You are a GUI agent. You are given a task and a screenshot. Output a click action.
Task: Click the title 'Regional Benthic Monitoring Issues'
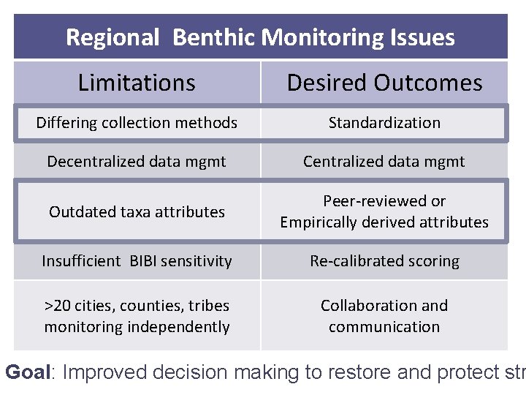coord(260,37)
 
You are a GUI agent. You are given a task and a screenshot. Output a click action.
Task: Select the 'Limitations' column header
coord(137,83)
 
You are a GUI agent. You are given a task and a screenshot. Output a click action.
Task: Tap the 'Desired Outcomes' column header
coord(384,83)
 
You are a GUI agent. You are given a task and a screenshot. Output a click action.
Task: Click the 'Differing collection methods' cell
coord(137,123)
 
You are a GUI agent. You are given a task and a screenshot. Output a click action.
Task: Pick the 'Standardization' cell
coord(384,123)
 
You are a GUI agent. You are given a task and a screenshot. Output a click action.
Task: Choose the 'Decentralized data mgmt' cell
coord(137,162)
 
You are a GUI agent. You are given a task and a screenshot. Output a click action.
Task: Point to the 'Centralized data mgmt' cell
coord(384,162)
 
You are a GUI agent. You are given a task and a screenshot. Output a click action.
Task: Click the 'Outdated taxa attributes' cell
coord(137,212)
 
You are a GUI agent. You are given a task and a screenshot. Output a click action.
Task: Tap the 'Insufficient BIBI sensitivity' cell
coord(137,261)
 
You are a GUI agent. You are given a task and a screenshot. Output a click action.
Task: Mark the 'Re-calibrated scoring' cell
coord(384,261)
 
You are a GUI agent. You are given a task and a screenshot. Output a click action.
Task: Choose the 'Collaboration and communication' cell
coord(384,316)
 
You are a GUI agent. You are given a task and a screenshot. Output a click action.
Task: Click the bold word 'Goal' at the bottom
coord(28,372)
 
